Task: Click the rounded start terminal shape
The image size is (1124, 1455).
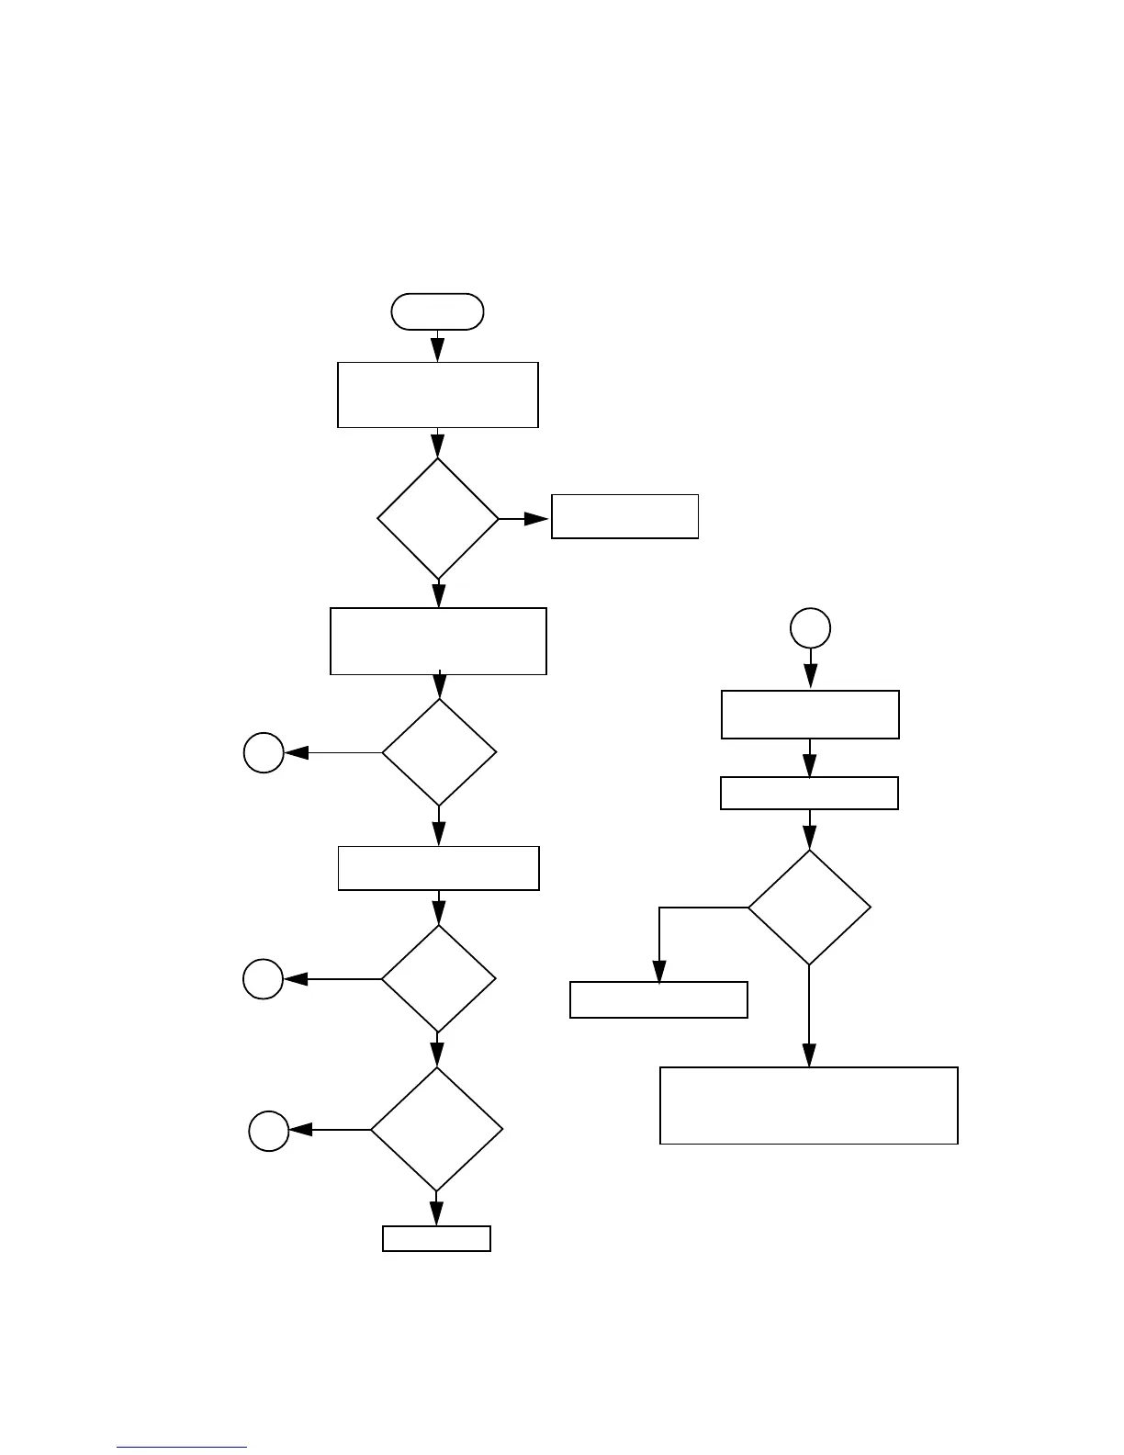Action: coord(437,311)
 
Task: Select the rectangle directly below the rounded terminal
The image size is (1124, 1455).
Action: coord(437,394)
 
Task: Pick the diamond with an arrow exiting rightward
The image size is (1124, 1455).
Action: coord(438,519)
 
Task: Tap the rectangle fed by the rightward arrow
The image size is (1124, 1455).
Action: coord(624,516)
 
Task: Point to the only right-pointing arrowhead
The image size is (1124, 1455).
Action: coord(537,519)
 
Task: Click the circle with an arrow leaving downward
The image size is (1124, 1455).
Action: coord(810,628)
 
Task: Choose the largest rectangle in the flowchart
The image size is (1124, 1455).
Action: coord(808,1105)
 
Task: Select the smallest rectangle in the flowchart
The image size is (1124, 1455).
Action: coord(436,1238)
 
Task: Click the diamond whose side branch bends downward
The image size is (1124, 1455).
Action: coord(809,908)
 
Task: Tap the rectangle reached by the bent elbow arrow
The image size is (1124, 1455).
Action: coord(658,999)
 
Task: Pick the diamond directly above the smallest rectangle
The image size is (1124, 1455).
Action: coord(436,1129)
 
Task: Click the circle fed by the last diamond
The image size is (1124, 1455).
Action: coord(269,1130)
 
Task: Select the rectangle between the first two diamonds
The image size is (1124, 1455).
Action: coord(438,640)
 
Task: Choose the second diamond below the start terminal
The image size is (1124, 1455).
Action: coord(439,752)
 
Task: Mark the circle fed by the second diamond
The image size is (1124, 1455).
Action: coord(264,752)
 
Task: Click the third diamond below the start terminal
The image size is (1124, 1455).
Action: coord(438,978)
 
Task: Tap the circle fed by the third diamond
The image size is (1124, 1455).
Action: coord(263,979)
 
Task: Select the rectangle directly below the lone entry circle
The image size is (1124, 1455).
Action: coord(810,714)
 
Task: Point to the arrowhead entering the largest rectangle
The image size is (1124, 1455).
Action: coord(809,1055)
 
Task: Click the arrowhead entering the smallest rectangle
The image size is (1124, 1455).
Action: coord(436,1213)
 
